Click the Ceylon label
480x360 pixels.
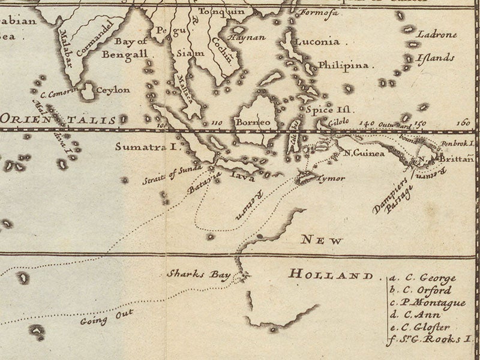click(113, 90)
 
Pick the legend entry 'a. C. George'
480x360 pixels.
click(422, 278)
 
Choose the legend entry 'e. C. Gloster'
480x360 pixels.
click(422, 326)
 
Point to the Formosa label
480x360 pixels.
click(314, 13)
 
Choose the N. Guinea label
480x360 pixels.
click(364, 152)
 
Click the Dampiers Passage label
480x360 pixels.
click(392, 194)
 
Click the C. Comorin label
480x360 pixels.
click(60, 94)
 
